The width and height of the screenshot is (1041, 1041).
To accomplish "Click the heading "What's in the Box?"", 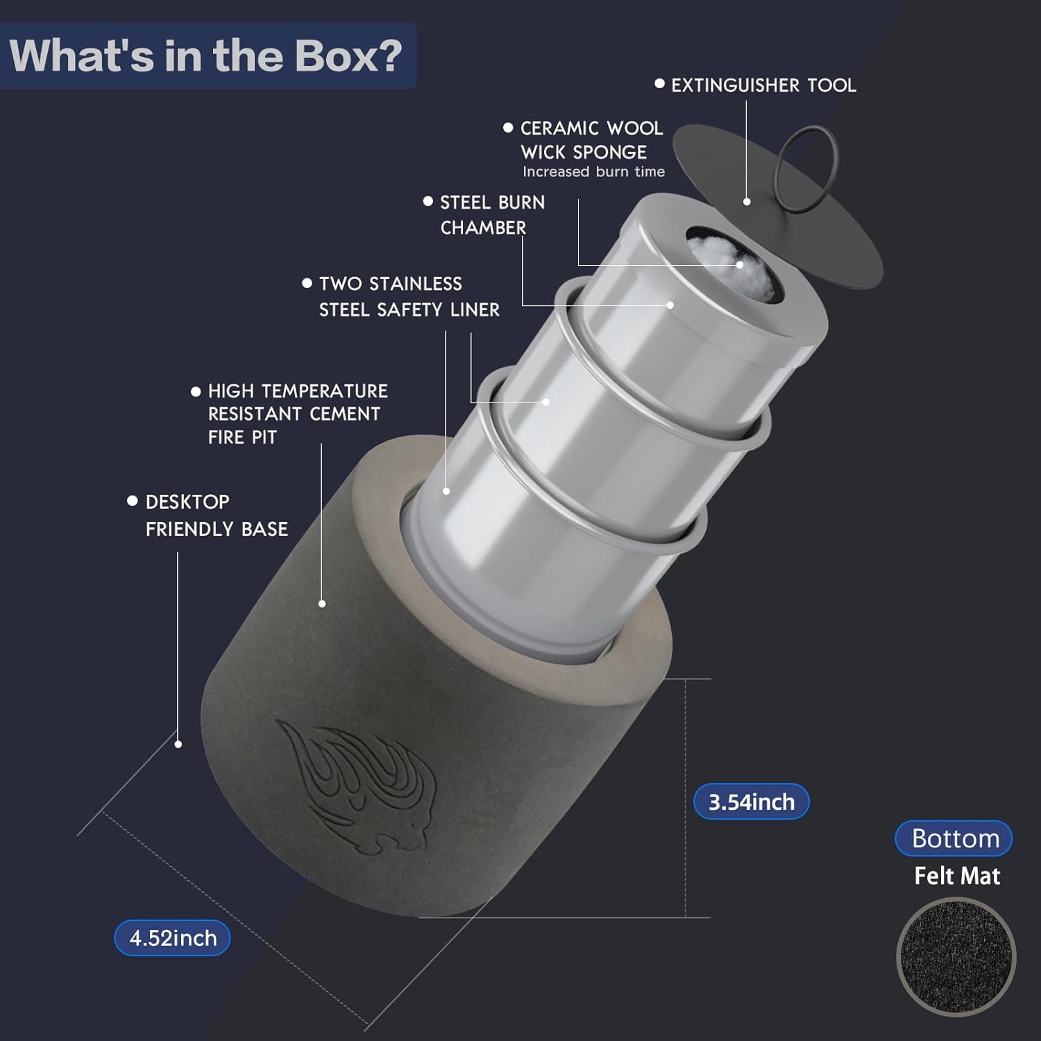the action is pos(206,56).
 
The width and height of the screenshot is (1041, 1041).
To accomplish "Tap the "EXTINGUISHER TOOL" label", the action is pos(763,85).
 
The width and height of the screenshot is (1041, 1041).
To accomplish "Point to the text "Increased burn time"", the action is pos(593,171).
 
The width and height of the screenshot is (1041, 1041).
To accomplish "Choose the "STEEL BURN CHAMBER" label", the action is pos(493,215).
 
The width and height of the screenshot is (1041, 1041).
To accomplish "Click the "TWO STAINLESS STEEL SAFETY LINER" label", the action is pos(409,296).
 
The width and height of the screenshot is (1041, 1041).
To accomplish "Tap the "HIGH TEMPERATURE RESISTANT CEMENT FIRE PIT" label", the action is pos(298,414).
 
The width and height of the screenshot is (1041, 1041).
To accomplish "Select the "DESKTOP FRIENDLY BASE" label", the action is pos(217,515).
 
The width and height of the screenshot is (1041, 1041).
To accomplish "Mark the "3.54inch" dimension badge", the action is pos(752,802).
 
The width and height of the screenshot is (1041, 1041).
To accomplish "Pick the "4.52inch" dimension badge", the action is pos(173,938).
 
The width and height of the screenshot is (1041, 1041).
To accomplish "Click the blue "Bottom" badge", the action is pos(954,838).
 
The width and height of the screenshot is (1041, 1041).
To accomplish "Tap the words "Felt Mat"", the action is pos(957,876).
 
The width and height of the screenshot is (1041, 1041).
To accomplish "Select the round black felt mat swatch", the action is pos(956,958).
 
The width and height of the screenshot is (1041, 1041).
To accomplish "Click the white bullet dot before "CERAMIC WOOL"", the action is pos(508,128).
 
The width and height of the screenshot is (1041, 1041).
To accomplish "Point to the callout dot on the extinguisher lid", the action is pos(747,201).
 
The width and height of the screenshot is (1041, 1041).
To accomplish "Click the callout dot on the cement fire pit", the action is pos(322,604).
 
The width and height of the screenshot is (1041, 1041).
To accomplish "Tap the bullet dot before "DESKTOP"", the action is pos(133,500).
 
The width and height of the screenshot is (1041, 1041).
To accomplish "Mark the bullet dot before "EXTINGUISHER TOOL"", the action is pos(659,84).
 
